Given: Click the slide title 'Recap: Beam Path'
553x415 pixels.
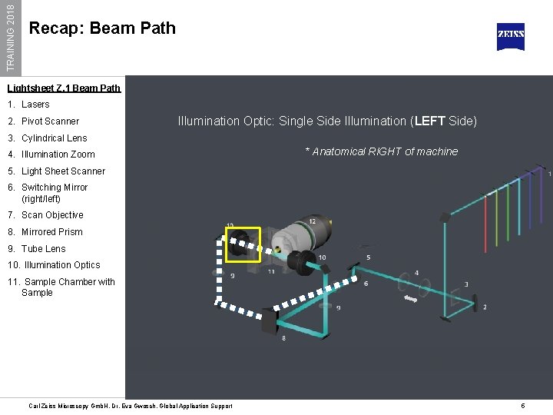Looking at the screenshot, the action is [102, 28].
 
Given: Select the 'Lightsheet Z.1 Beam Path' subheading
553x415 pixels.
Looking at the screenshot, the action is [65, 88].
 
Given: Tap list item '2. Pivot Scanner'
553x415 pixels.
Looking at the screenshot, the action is [44, 121].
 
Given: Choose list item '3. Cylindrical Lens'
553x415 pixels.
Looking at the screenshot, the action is [48, 138].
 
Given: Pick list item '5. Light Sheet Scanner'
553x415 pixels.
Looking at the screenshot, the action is [56, 171].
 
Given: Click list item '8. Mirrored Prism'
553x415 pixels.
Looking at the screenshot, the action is [45, 232].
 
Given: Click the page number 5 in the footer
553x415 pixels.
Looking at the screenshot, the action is [522, 406].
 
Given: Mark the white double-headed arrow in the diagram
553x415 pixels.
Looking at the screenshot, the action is [412, 298].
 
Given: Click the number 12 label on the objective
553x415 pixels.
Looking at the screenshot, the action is [312, 221].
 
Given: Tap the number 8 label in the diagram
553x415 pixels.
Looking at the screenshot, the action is [284, 338].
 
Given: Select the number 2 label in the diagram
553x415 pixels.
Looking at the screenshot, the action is [484, 307].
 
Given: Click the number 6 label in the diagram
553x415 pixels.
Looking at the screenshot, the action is [366, 284].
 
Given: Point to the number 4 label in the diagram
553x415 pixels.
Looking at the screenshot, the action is [416, 273].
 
